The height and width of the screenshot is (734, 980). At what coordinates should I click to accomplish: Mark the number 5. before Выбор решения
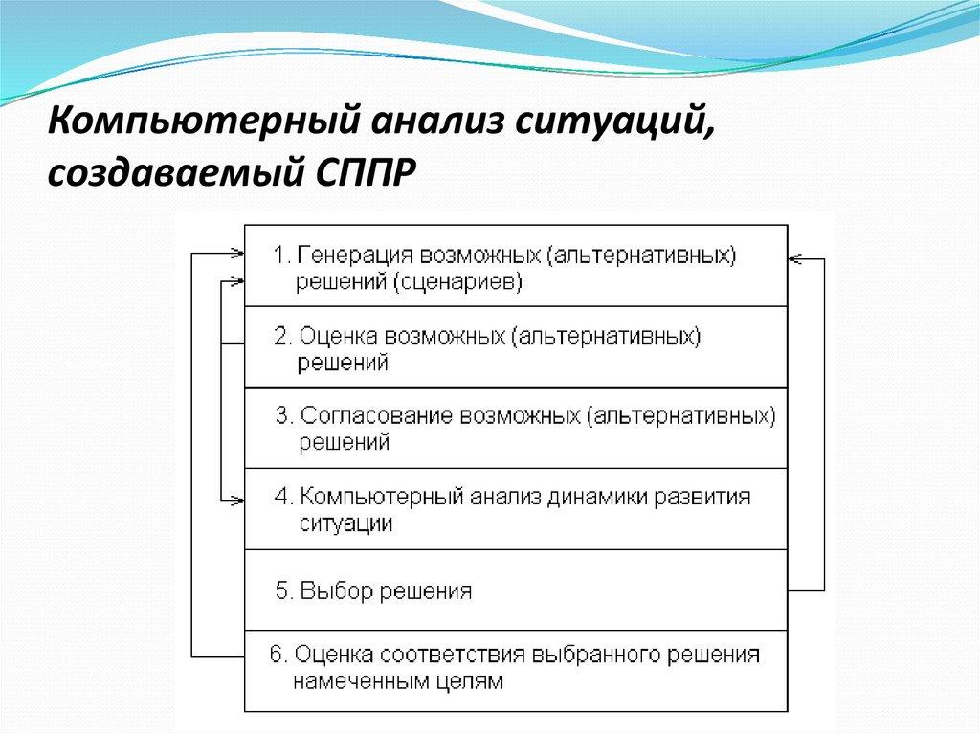[284, 590]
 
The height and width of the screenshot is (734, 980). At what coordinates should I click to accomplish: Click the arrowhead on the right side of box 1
[795, 258]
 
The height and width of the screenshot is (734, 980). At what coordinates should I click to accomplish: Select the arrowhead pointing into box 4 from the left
[238, 498]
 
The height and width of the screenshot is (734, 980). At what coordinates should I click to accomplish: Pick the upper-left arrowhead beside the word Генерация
[238, 254]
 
